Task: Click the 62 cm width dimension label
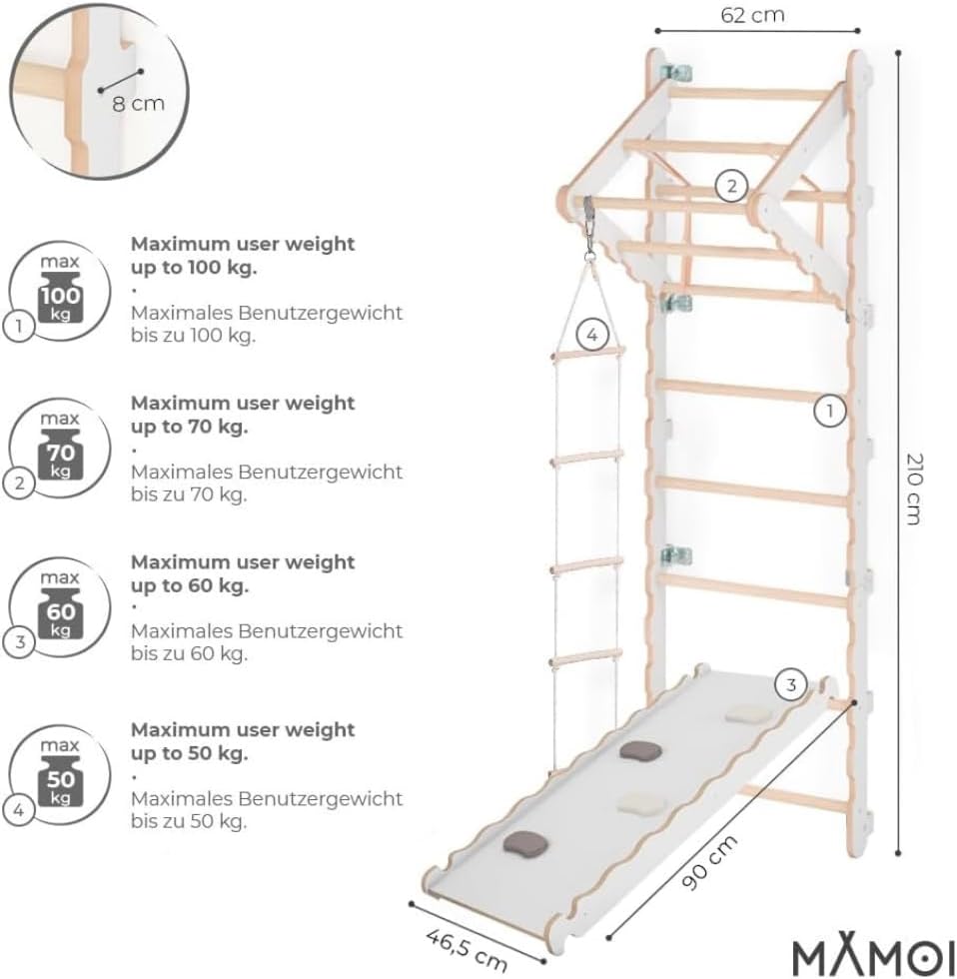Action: (752, 15)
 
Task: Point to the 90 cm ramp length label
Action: (709, 862)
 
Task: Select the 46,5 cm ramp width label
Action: (467, 950)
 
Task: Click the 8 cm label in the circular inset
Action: (138, 103)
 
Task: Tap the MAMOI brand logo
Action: (874, 955)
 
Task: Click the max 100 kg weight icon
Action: (60, 292)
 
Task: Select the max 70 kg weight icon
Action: (60, 449)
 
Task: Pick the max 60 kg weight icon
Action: (60, 607)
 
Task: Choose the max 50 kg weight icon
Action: (60, 775)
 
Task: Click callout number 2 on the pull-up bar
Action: (731, 186)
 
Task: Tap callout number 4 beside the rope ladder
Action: (591, 336)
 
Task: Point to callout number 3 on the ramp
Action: (790, 685)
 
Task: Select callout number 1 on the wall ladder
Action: (830, 411)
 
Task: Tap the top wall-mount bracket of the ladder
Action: (676, 73)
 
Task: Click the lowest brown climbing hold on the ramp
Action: (525, 843)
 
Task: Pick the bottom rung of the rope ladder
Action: (586, 658)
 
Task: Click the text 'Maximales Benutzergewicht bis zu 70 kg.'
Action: (267, 483)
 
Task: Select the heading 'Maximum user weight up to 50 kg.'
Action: (242, 741)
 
